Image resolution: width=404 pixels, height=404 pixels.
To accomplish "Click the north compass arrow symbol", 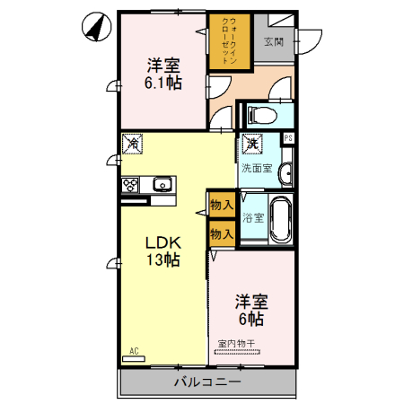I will [92, 28].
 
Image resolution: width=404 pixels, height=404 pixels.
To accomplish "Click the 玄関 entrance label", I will [274, 41].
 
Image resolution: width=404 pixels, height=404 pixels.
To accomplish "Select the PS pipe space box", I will [287, 137].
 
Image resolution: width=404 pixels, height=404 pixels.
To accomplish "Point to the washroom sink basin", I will [285, 172].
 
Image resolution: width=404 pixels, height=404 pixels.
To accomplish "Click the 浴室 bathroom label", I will [253, 217].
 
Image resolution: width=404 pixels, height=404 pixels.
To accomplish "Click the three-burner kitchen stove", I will [130, 185].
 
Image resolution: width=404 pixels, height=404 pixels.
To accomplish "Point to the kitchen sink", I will [162, 185].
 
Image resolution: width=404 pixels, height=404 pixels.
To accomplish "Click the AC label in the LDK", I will [135, 350].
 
